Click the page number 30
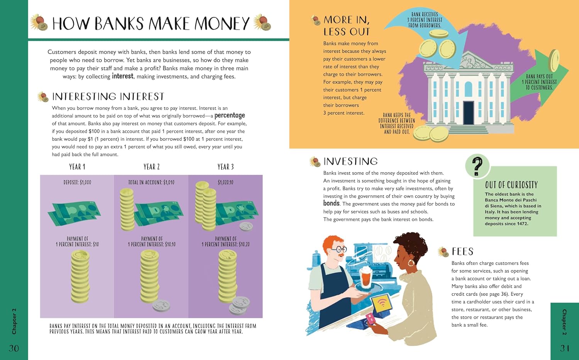click(14, 348)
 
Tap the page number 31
click(565, 348)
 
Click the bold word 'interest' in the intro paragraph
click(122, 76)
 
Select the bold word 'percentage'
click(230, 115)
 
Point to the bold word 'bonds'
click(331, 203)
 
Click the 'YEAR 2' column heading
click(151, 167)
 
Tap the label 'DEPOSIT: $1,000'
click(77, 183)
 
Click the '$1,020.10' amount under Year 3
click(225, 183)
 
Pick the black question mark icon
click(477, 166)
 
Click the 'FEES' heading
click(462, 252)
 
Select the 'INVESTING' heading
click(350, 162)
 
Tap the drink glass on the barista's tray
click(366, 278)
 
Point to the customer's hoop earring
click(411, 264)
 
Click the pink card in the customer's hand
click(370, 318)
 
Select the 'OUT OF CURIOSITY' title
click(511, 185)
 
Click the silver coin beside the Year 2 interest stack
click(161, 306)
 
